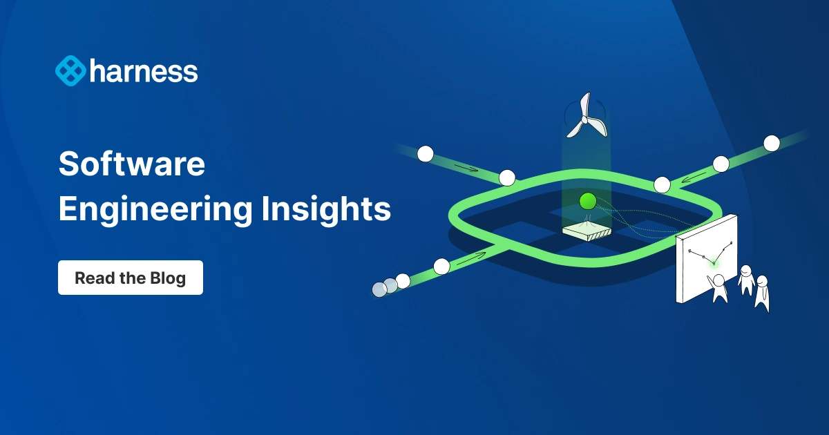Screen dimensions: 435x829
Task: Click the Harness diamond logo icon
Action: click(70, 71)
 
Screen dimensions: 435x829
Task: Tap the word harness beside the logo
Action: click(143, 71)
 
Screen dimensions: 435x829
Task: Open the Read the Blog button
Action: click(130, 278)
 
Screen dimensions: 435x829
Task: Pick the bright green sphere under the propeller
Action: click(587, 201)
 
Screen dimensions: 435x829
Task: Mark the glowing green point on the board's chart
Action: click(714, 263)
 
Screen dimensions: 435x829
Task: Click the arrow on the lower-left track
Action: click(470, 256)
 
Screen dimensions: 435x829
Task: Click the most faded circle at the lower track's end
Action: click(379, 289)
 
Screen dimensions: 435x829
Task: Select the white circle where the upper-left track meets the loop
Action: click(507, 177)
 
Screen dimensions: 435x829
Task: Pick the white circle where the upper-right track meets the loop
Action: click(662, 184)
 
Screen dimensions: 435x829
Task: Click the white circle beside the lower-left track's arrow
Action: click(441, 265)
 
